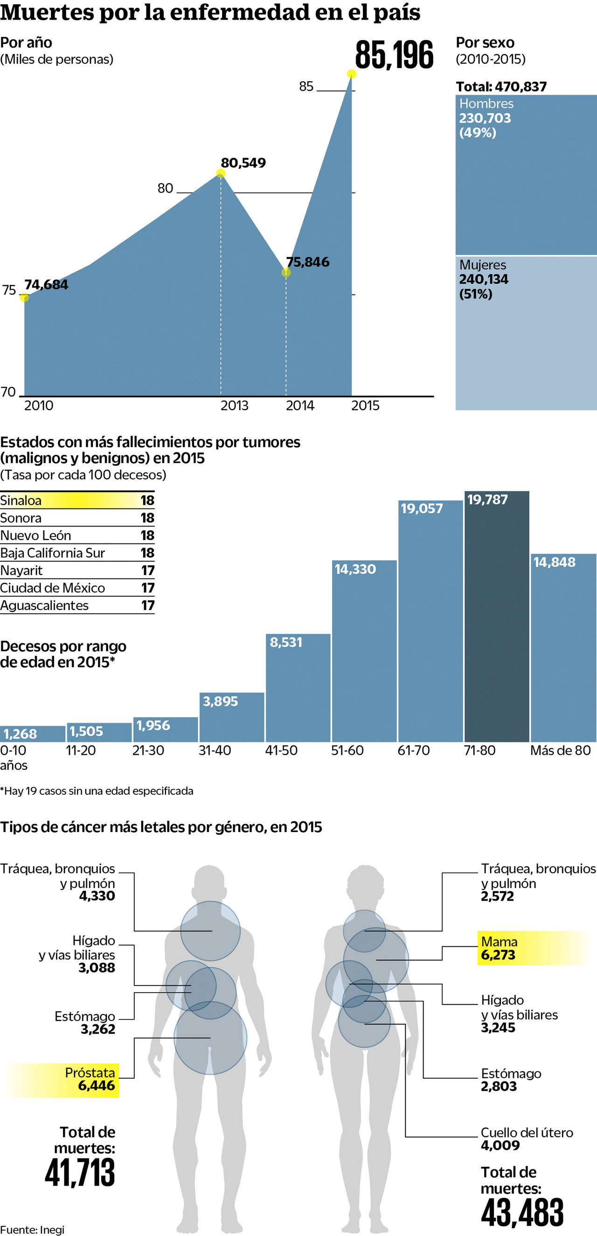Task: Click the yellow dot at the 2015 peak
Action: (x=351, y=74)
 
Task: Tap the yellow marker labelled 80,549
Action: (x=221, y=173)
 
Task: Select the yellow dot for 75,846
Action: (x=286, y=272)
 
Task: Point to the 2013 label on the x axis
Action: (x=234, y=406)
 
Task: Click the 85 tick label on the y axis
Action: (x=306, y=86)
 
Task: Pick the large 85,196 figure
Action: (x=394, y=55)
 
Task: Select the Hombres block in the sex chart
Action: (x=526, y=174)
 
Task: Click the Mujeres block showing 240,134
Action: (x=526, y=333)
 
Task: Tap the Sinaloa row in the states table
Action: (x=77, y=500)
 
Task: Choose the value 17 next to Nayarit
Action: (x=148, y=570)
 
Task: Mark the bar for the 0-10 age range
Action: (x=33, y=734)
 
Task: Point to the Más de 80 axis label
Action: (x=560, y=750)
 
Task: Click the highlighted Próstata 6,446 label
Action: (x=90, y=1080)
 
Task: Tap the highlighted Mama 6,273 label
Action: (x=499, y=948)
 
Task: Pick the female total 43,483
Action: (x=522, y=1212)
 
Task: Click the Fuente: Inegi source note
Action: (x=32, y=1230)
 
